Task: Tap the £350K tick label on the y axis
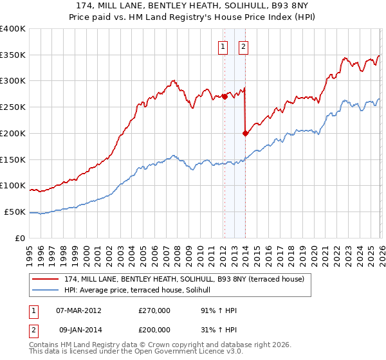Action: click(13, 55)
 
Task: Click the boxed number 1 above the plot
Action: click(223, 46)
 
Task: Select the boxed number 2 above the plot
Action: click(244, 46)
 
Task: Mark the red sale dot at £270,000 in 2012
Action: click(225, 97)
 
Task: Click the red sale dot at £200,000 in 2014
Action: click(245, 134)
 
